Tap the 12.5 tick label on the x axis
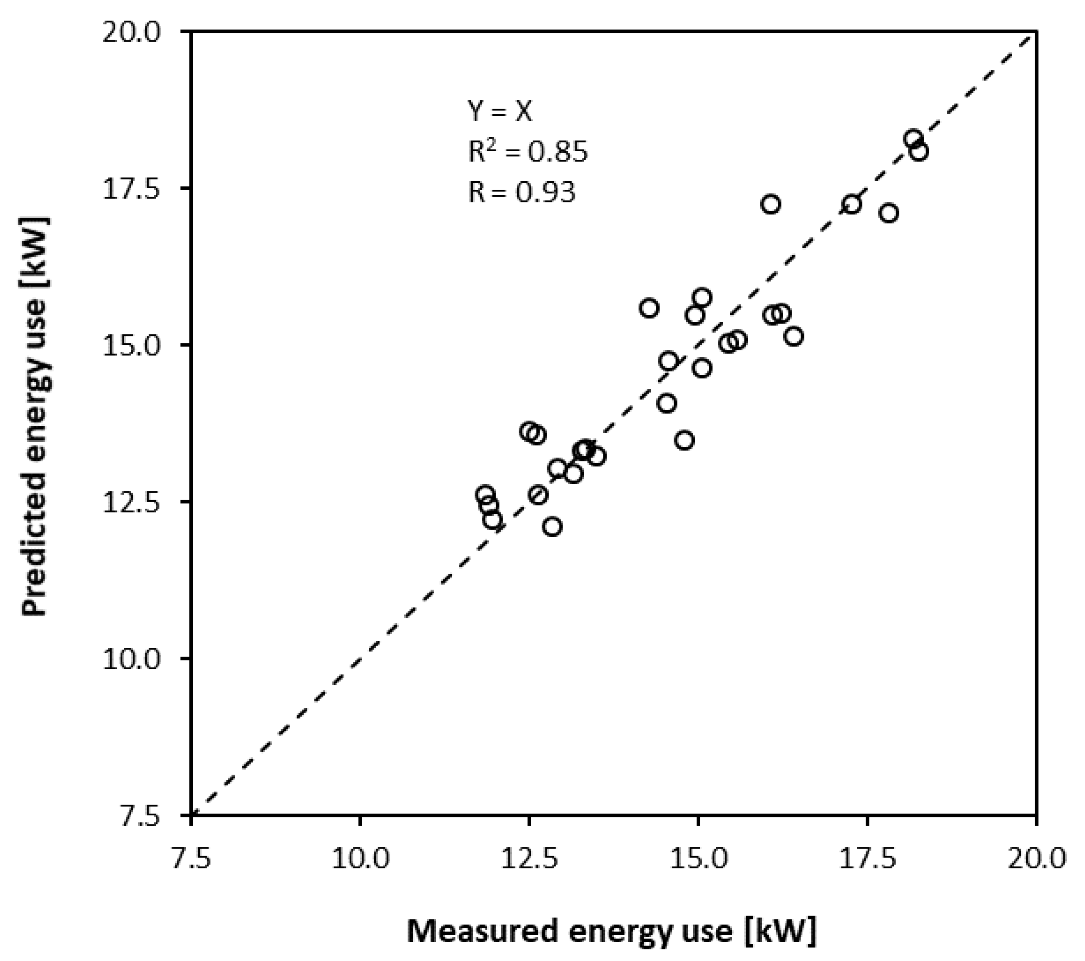coord(529,858)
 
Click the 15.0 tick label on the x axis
coord(699,858)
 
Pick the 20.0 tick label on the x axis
coord(1037,858)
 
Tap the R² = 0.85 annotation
coord(528,152)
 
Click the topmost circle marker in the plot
coord(913,139)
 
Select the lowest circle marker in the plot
coord(552,527)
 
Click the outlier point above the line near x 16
coord(770,204)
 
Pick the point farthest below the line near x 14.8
coord(685,441)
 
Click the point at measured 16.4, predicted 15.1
coord(794,336)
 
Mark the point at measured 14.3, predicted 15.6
coord(649,309)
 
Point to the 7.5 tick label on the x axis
coord(191,858)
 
